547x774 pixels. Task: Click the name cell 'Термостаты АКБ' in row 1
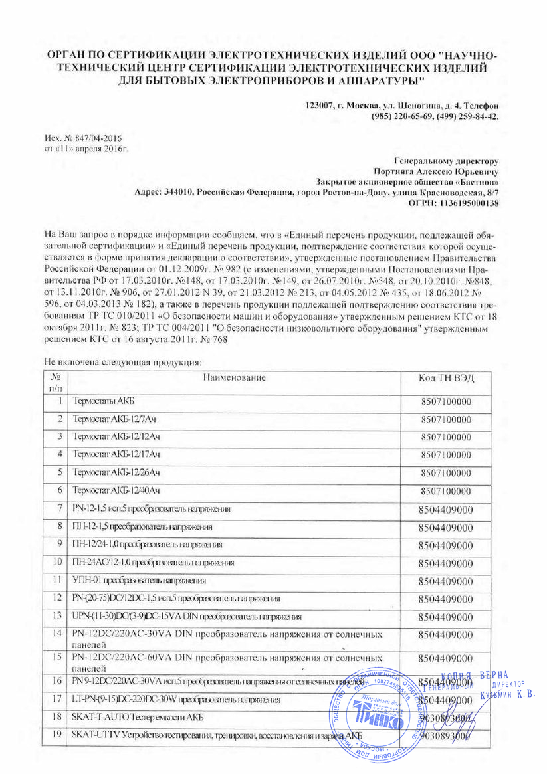(98, 402)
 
